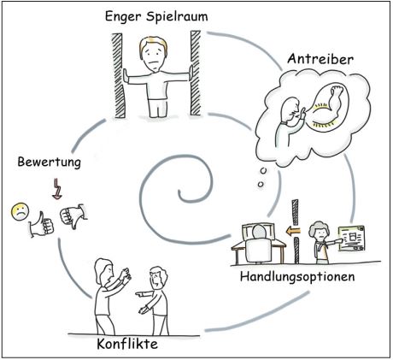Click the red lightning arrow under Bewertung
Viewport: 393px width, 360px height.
(x=55, y=185)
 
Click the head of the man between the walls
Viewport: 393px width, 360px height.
(x=155, y=53)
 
